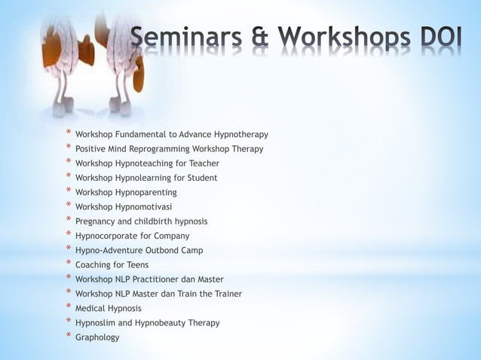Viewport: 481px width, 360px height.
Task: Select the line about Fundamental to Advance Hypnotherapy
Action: (176, 135)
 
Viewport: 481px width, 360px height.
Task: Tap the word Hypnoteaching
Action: (155, 163)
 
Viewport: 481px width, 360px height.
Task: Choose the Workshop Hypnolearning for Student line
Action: (151, 178)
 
